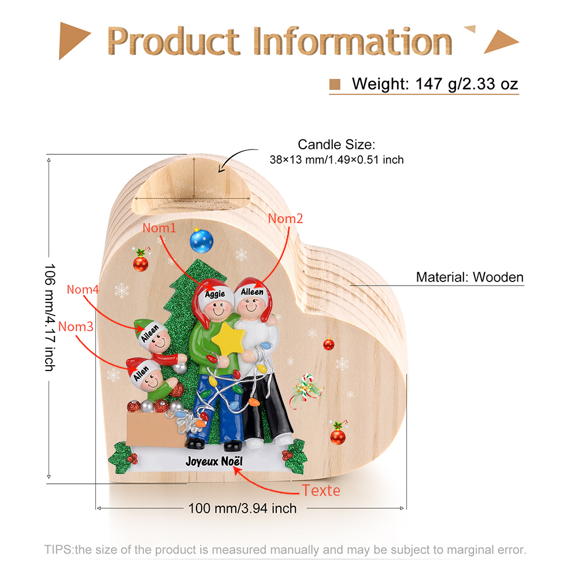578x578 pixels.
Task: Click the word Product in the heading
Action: click(x=173, y=41)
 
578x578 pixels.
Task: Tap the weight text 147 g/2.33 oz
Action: click(x=466, y=84)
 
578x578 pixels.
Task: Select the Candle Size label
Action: click(x=336, y=144)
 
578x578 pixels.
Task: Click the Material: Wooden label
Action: click(x=469, y=277)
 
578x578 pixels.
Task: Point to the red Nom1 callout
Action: click(x=160, y=228)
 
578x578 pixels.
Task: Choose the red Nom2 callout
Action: click(x=286, y=218)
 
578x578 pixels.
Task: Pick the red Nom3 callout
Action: click(x=76, y=327)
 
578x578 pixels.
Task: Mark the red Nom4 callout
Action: click(x=83, y=290)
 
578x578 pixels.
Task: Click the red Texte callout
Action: click(x=321, y=491)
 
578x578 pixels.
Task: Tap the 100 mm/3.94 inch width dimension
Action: click(x=243, y=508)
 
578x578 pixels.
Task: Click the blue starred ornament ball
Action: click(x=201, y=240)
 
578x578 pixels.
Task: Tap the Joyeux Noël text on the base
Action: click(x=214, y=461)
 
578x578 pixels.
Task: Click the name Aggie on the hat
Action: click(x=215, y=294)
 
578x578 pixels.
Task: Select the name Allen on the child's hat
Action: click(x=141, y=373)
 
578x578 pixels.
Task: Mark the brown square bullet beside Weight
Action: click(x=335, y=84)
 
